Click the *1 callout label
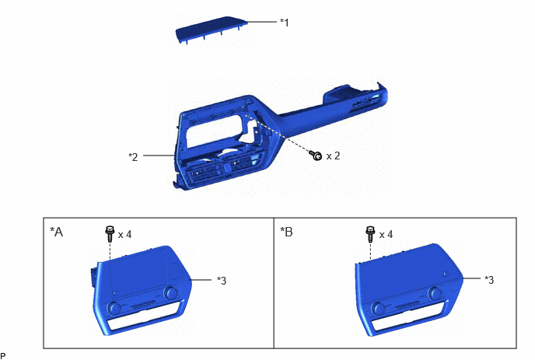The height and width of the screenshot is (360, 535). pyautogui.click(x=285, y=23)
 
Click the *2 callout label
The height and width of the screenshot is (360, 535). pyautogui.click(x=133, y=156)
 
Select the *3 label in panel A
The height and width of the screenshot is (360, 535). pyautogui.click(x=222, y=281)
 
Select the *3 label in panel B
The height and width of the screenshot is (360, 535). pyautogui.click(x=489, y=280)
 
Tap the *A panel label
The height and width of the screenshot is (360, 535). pyautogui.click(x=57, y=232)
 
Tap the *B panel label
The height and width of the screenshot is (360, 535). pyautogui.click(x=286, y=232)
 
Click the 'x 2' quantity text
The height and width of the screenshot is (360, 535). pyautogui.click(x=333, y=156)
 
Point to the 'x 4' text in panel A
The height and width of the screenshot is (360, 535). pyautogui.click(x=124, y=234)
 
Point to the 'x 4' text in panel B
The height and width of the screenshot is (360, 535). pyautogui.click(x=386, y=234)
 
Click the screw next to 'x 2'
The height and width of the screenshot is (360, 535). pyautogui.click(x=316, y=156)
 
